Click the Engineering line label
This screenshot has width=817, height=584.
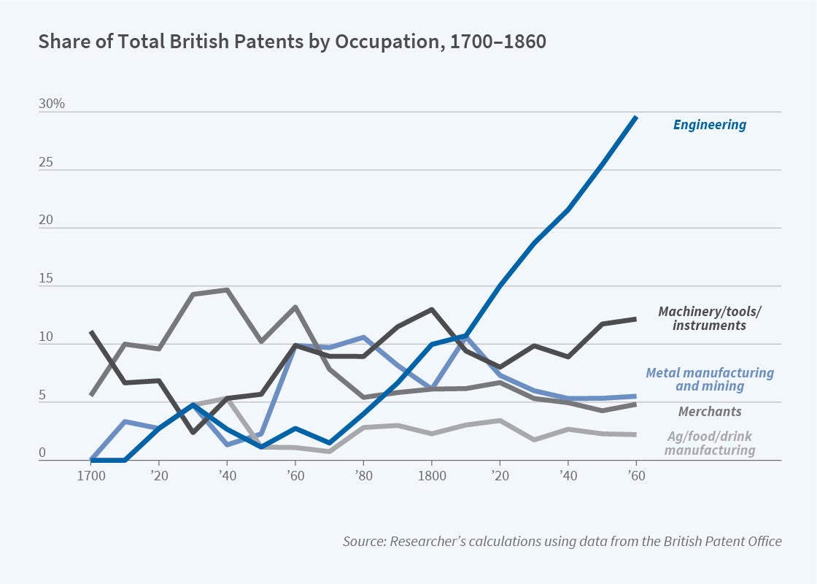[709, 125]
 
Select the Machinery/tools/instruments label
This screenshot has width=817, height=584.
[709, 318]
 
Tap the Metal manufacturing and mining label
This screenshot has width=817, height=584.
[709, 379]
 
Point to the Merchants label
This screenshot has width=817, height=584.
[710, 412]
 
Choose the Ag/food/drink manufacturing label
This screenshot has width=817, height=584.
[709, 443]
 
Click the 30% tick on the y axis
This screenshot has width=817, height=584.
[52, 104]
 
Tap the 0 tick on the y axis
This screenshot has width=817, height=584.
[42, 453]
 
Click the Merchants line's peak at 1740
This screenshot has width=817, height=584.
[228, 290]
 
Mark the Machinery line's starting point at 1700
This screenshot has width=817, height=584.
[92, 332]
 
